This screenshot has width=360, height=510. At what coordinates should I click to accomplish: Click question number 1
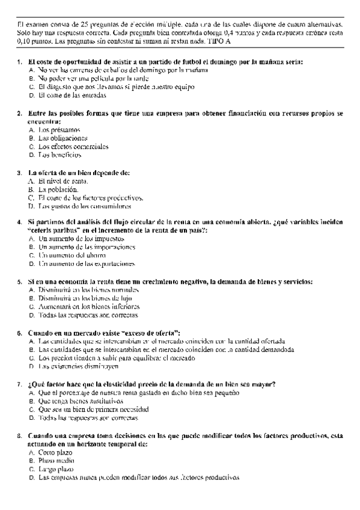click(20, 62)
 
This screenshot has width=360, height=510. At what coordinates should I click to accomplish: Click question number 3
click(20, 173)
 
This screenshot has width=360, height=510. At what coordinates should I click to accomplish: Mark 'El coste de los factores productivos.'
click(91, 197)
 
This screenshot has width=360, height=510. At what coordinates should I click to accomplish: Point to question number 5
click(20, 281)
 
